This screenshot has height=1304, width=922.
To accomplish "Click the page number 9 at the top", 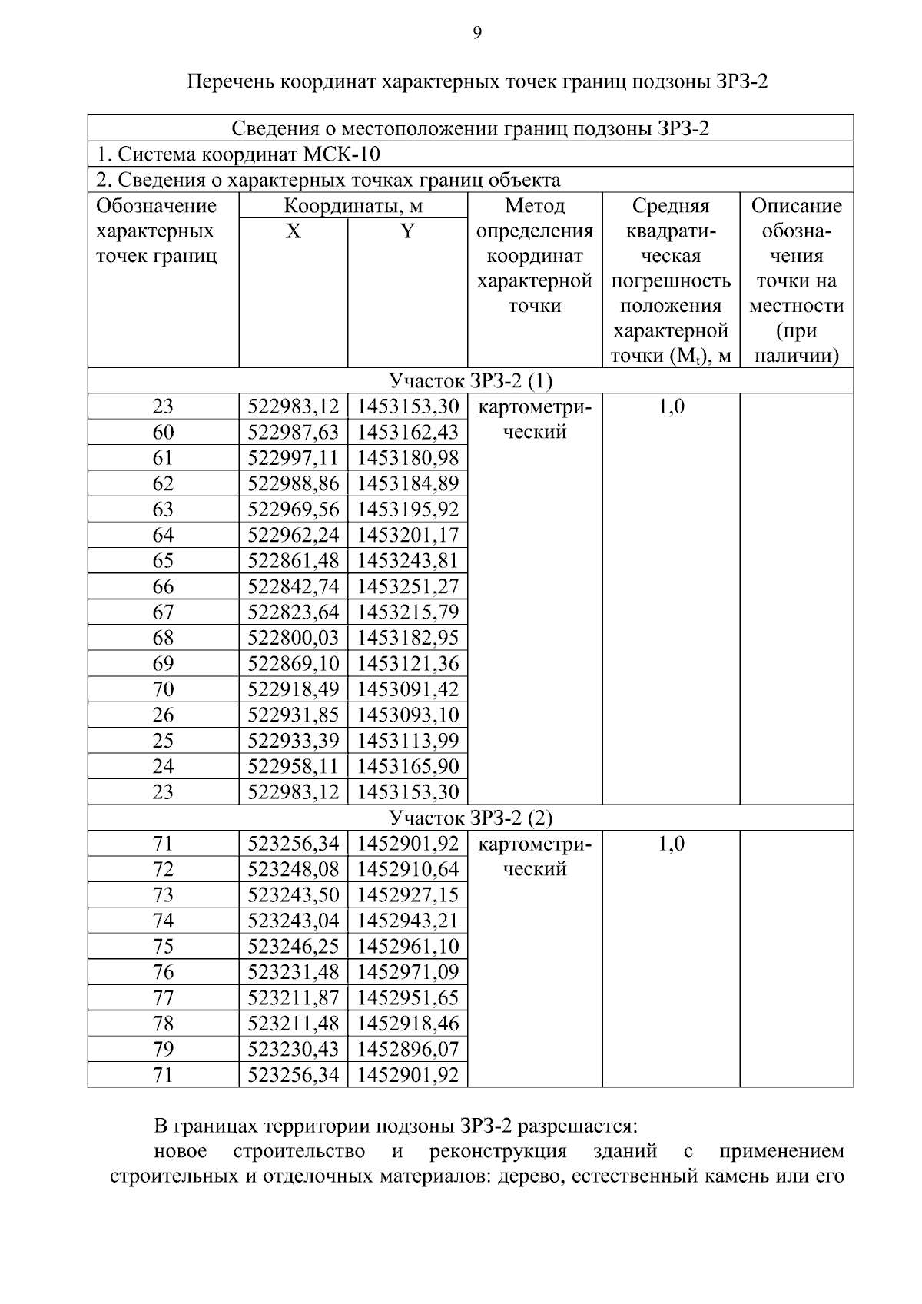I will click(x=477, y=32).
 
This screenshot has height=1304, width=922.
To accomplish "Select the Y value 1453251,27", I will click(x=407, y=587).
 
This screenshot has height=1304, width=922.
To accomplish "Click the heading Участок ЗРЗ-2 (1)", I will click(x=470, y=381).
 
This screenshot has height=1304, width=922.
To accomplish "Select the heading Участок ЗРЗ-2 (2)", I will click(x=470, y=818).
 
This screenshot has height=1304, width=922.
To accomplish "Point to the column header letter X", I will click(x=293, y=231).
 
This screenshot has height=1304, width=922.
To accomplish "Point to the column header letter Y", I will click(x=407, y=231).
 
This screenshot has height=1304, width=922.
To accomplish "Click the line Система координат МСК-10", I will click(x=237, y=154).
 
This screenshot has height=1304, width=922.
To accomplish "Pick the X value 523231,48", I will click(x=293, y=972).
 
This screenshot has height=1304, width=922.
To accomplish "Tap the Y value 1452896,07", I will click(x=407, y=1049).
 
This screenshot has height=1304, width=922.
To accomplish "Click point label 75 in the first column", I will click(x=163, y=947).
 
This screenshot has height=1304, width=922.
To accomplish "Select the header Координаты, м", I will click(x=353, y=206).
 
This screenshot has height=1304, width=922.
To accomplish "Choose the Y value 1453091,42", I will click(x=407, y=689).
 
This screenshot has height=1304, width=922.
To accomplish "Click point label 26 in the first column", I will click(x=163, y=715).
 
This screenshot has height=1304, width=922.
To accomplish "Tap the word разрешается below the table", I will click(x=577, y=1126).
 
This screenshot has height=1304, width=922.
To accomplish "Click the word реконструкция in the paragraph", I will click(x=498, y=1152).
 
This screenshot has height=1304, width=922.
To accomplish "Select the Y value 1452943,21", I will click(x=407, y=921).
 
